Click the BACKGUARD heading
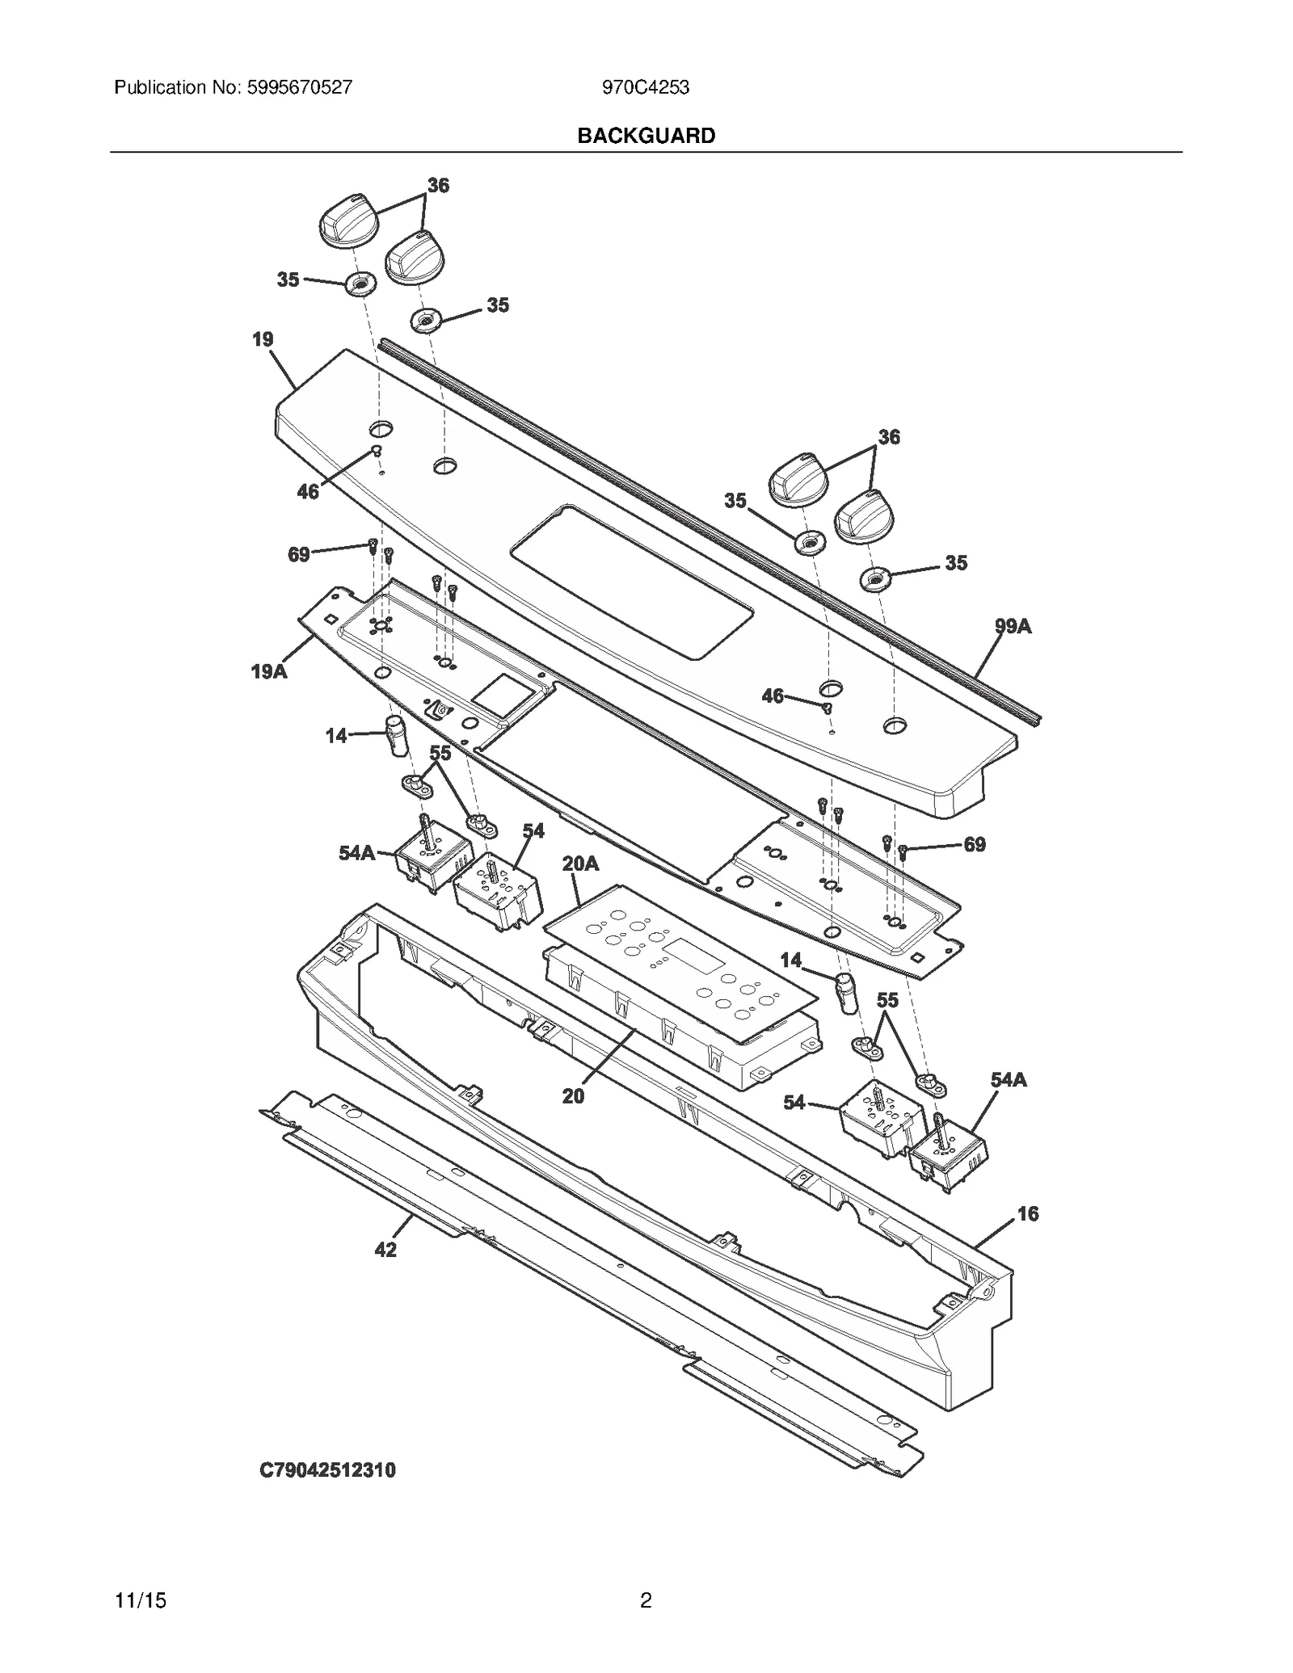tap(646, 136)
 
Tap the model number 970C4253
tap(645, 87)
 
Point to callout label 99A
tap(1013, 626)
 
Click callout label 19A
tap(269, 671)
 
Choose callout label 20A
tap(580, 864)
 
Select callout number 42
tap(385, 1250)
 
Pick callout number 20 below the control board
tap(573, 1096)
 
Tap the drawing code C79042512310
tap(327, 1470)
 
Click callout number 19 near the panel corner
tap(263, 339)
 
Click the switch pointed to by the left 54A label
tap(432, 864)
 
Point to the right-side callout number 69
tap(975, 844)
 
